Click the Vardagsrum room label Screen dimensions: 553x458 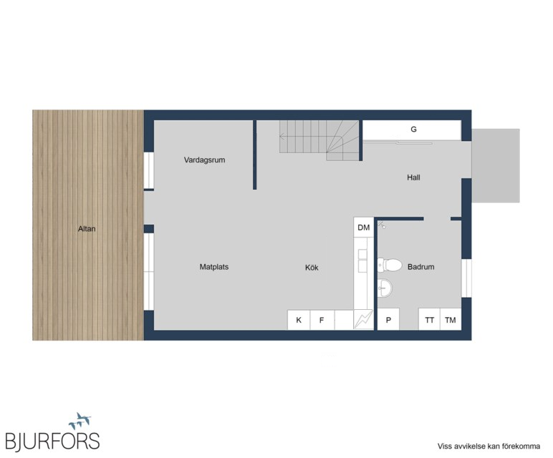click(204, 160)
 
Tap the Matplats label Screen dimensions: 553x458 click(214, 267)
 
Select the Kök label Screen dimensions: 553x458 click(312, 268)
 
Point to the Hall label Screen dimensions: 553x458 click(413, 177)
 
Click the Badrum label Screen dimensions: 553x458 click(420, 267)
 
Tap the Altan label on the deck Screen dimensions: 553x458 click(87, 229)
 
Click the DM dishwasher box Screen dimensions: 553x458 click(364, 228)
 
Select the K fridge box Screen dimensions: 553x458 click(299, 320)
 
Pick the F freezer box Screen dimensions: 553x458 click(322, 320)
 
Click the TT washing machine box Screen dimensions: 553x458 click(429, 320)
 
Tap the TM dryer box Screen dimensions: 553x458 click(451, 320)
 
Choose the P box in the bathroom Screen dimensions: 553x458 click(388, 320)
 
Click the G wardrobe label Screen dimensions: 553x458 click(414, 130)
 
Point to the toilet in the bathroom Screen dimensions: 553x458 click(390, 265)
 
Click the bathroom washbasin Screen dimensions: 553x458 click(385, 288)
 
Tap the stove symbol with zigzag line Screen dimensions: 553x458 click(364, 319)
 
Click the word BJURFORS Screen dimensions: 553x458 click(52, 441)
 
